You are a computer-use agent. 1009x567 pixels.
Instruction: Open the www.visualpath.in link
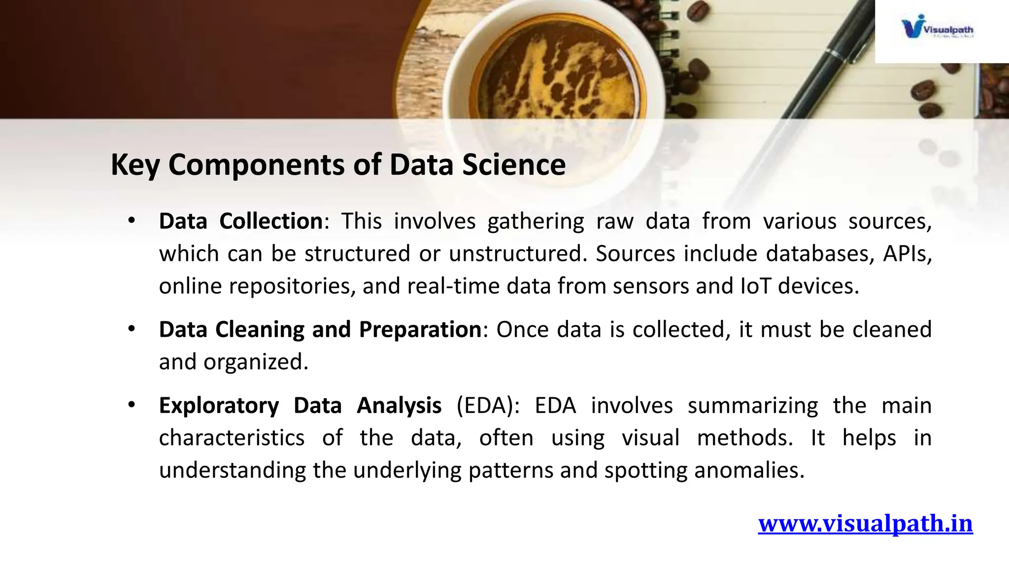click(x=865, y=523)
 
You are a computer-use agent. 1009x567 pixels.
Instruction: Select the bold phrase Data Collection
click(x=240, y=221)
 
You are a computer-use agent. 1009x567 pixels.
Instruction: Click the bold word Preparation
click(x=420, y=329)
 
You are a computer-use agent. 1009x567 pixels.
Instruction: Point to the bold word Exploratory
click(x=219, y=406)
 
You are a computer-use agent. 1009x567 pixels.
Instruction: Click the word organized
click(x=256, y=362)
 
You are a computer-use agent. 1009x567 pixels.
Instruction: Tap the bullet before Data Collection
click(x=131, y=221)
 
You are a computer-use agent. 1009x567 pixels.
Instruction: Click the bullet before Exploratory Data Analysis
click(x=131, y=406)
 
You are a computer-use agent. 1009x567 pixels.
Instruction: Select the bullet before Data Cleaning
click(x=131, y=329)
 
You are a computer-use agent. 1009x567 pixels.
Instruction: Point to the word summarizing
click(x=752, y=406)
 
